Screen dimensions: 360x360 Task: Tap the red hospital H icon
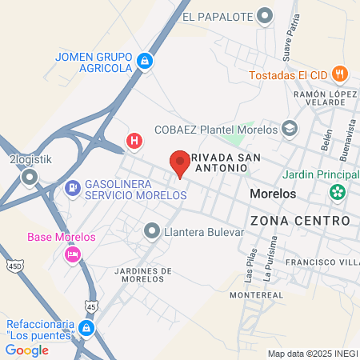click(x=134, y=142)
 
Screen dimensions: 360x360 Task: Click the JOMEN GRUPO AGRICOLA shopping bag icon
click(x=145, y=61)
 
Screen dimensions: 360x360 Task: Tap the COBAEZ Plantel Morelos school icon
click(x=289, y=129)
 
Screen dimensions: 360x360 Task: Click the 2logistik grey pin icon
click(x=30, y=177)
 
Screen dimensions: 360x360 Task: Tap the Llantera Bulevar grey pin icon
click(x=151, y=232)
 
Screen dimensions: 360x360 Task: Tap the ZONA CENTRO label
click(x=300, y=220)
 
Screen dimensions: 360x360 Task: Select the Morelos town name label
click(x=273, y=194)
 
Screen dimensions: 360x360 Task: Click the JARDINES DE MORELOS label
click(x=144, y=274)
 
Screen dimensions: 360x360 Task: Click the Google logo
click(x=26, y=350)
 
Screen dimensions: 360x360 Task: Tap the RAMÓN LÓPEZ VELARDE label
click(x=323, y=98)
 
